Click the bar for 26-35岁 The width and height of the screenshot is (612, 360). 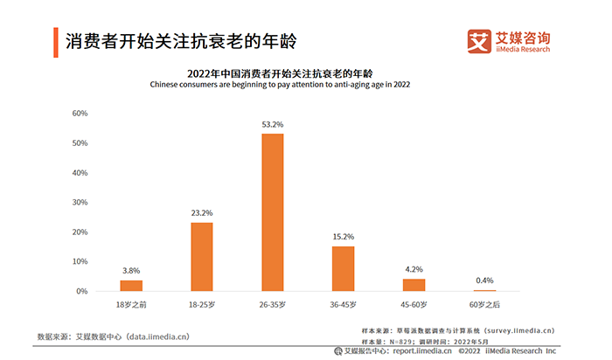(273, 212)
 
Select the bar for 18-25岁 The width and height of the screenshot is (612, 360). (202, 257)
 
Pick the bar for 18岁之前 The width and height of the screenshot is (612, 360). (131, 286)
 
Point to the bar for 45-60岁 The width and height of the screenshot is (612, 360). (414, 285)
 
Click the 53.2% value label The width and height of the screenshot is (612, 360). (273, 125)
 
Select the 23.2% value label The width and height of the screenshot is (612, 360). (202, 213)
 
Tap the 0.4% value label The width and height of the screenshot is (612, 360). (484, 280)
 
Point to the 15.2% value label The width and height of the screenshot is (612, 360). (344, 237)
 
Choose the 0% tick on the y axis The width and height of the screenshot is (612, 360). (80, 291)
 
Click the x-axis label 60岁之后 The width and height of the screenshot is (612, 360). (484, 304)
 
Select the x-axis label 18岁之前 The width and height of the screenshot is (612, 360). (131, 304)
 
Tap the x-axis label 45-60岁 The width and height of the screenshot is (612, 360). (414, 304)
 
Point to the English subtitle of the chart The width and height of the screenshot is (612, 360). (280, 85)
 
